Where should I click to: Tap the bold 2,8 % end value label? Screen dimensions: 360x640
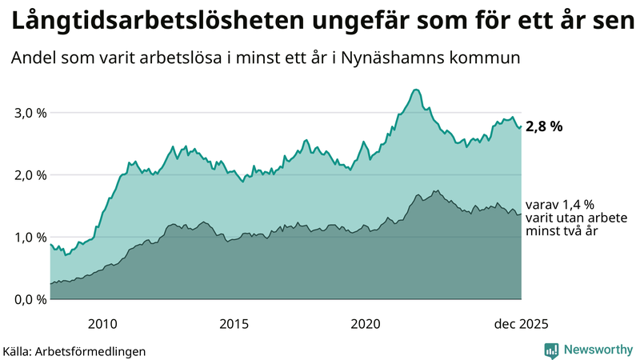(x=545, y=126)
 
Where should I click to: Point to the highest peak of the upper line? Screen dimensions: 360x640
(x=415, y=90)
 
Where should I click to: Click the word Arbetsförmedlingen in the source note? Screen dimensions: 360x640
(x=96, y=351)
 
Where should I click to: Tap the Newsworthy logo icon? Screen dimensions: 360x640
(x=551, y=350)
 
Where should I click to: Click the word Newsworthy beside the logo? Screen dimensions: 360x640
(x=596, y=350)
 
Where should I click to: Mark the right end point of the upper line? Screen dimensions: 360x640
(x=521, y=126)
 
